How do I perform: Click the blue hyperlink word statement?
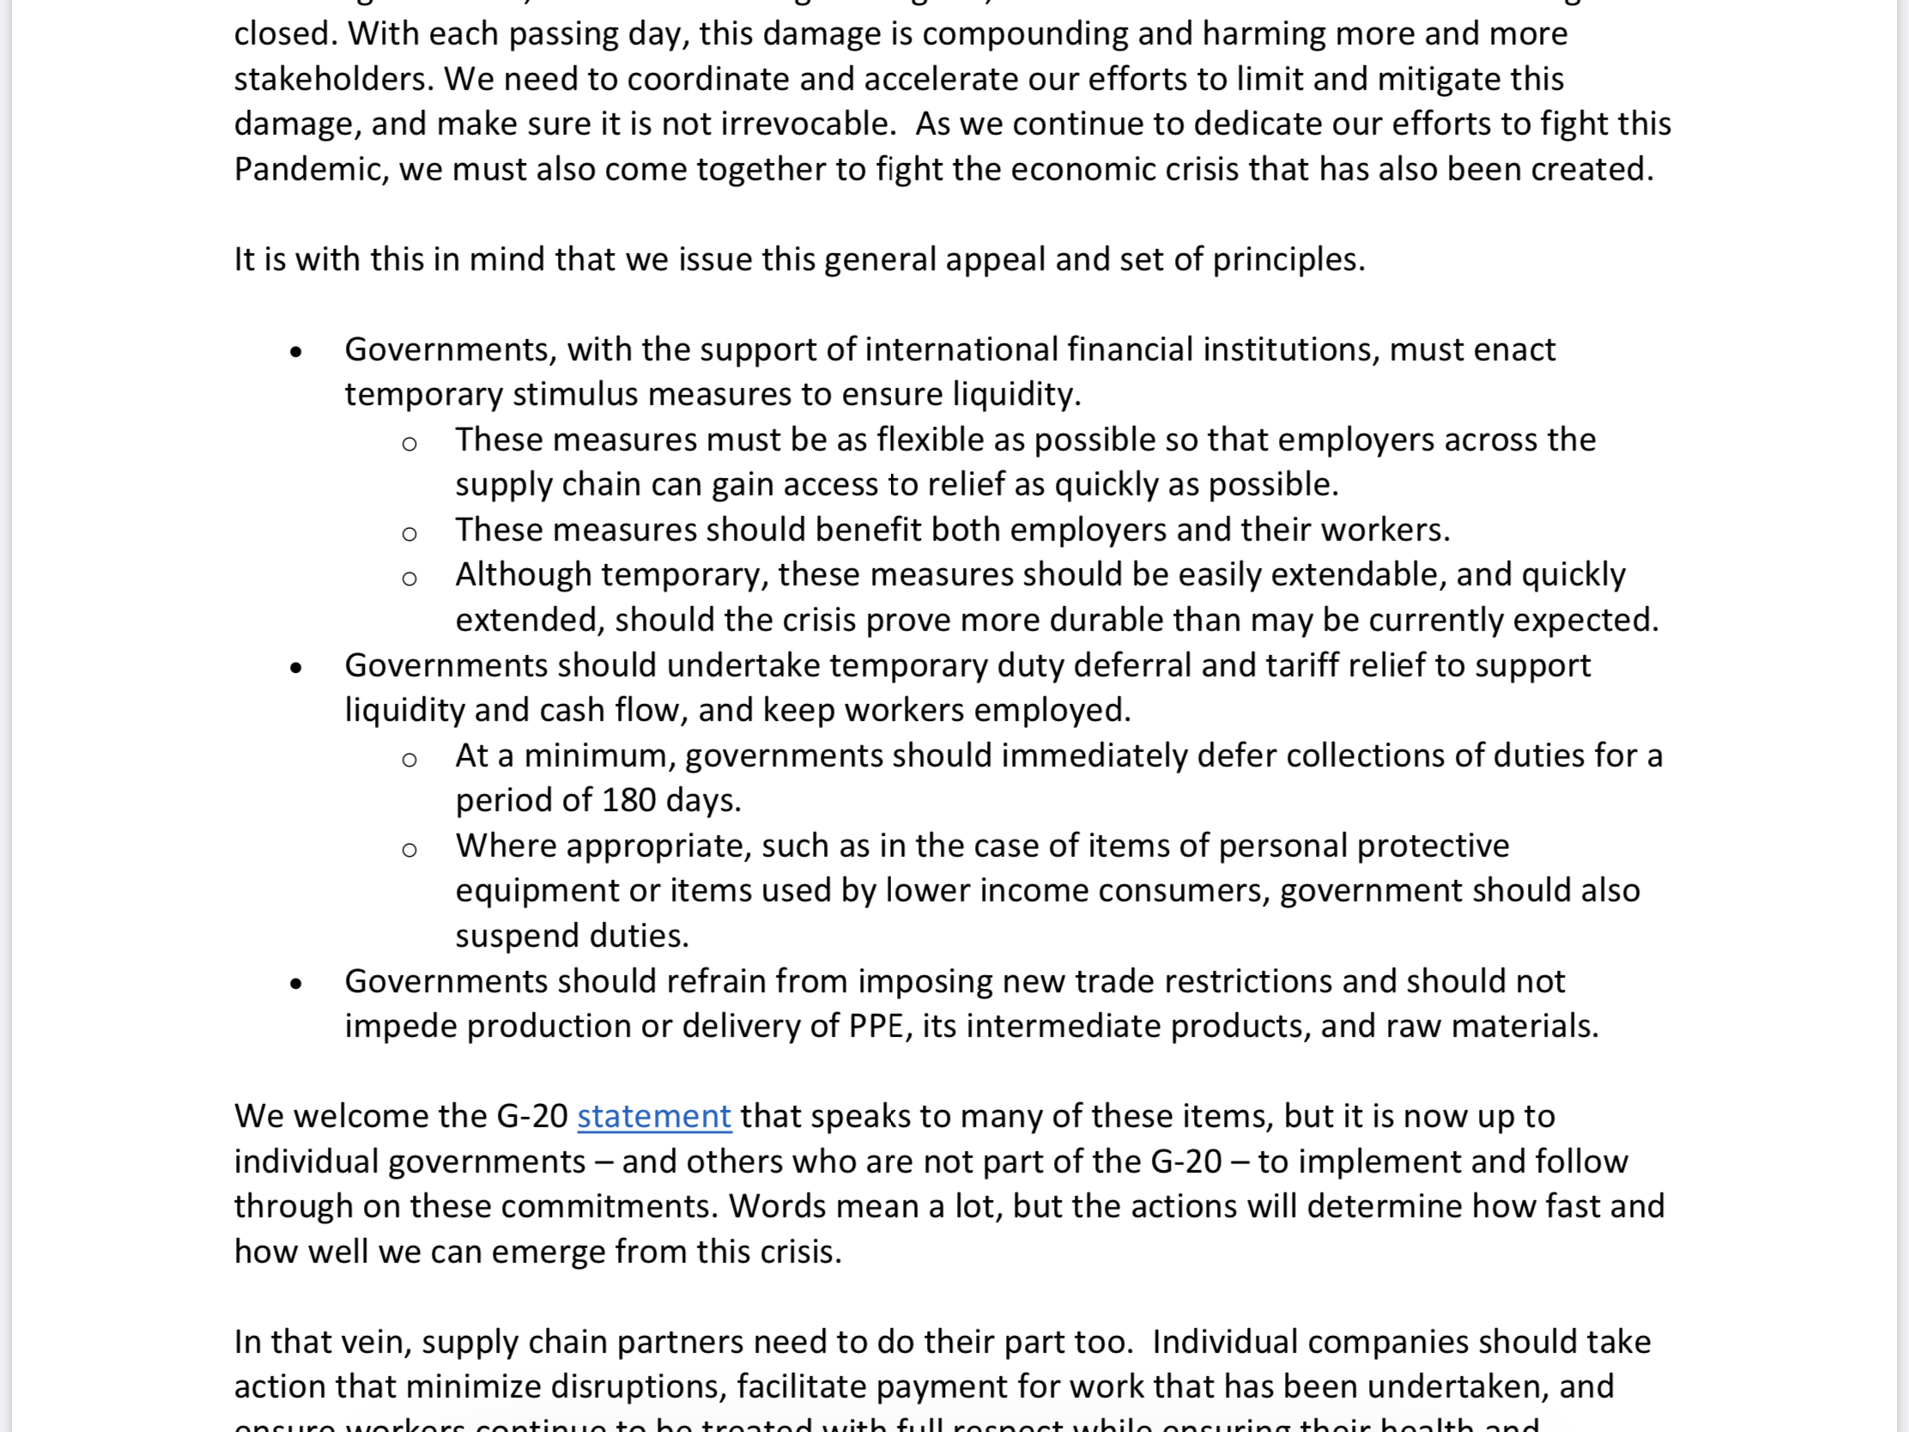(x=653, y=1117)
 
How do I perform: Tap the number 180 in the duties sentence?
(x=628, y=801)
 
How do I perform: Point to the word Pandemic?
(x=307, y=170)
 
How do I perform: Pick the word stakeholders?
(x=331, y=79)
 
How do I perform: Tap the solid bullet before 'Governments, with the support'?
(x=296, y=351)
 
